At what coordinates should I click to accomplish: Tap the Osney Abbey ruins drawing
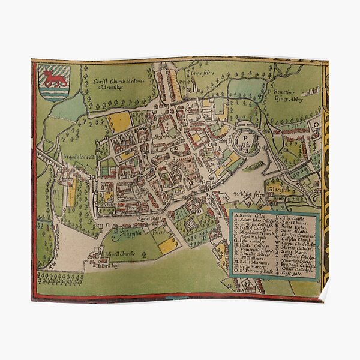click(311, 92)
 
